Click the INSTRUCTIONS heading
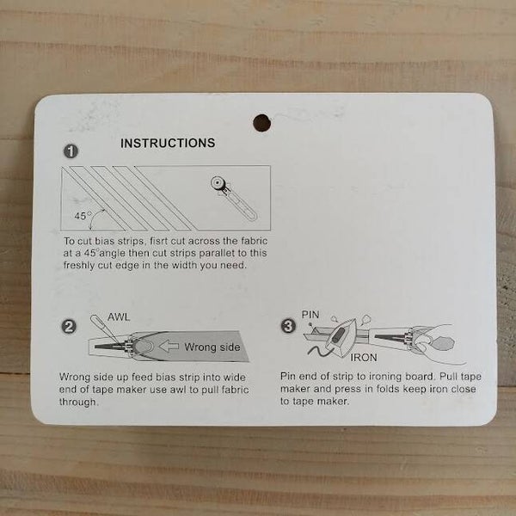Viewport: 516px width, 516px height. pyautogui.click(x=168, y=143)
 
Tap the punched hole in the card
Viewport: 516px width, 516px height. pyautogui.click(x=262, y=123)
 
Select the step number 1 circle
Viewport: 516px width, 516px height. pyautogui.click(x=71, y=151)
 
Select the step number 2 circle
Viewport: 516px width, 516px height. pyautogui.click(x=69, y=327)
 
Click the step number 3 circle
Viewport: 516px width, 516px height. pyautogui.click(x=288, y=326)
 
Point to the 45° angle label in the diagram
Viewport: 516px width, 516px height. pyautogui.click(x=82, y=216)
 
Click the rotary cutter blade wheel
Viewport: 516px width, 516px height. pyautogui.click(x=218, y=183)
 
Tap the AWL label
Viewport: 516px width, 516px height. pyautogui.click(x=119, y=317)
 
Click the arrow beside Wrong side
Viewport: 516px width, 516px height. pyautogui.click(x=169, y=347)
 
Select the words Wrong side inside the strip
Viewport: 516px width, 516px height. pyautogui.click(x=212, y=347)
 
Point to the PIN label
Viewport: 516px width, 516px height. pyautogui.click(x=310, y=315)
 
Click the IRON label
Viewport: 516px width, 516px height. pyautogui.click(x=364, y=358)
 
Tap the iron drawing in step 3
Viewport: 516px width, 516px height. pyautogui.click(x=342, y=336)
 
